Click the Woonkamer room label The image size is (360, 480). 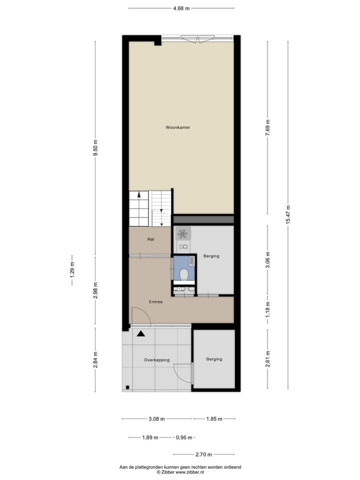[x=178, y=127]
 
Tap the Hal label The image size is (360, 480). [x=150, y=239]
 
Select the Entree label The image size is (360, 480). [x=155, y=302]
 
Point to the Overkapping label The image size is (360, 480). [x=157, y=360]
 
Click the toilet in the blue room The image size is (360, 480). [x=184, y=274]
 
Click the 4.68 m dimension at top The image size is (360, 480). [x=181, y=8]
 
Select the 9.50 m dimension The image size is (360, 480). [x=95, y=148]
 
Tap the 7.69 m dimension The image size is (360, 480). [x=267, y=125]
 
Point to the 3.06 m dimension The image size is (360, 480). [x=267, y=259]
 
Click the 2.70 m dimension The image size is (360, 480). [x=203, y=454]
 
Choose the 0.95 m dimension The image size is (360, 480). [x=184, y=437]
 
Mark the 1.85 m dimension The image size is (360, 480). [x=214, y=419]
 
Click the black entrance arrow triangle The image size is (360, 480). [x=141, y=333]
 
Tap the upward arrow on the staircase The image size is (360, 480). [x=139, y=195]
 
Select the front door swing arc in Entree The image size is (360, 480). [x=141, y=314]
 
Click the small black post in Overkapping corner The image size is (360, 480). [x=128, y=386]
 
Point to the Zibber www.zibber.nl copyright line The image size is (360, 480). [x=180, y=471]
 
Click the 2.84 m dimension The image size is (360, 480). [x=95, y=360]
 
